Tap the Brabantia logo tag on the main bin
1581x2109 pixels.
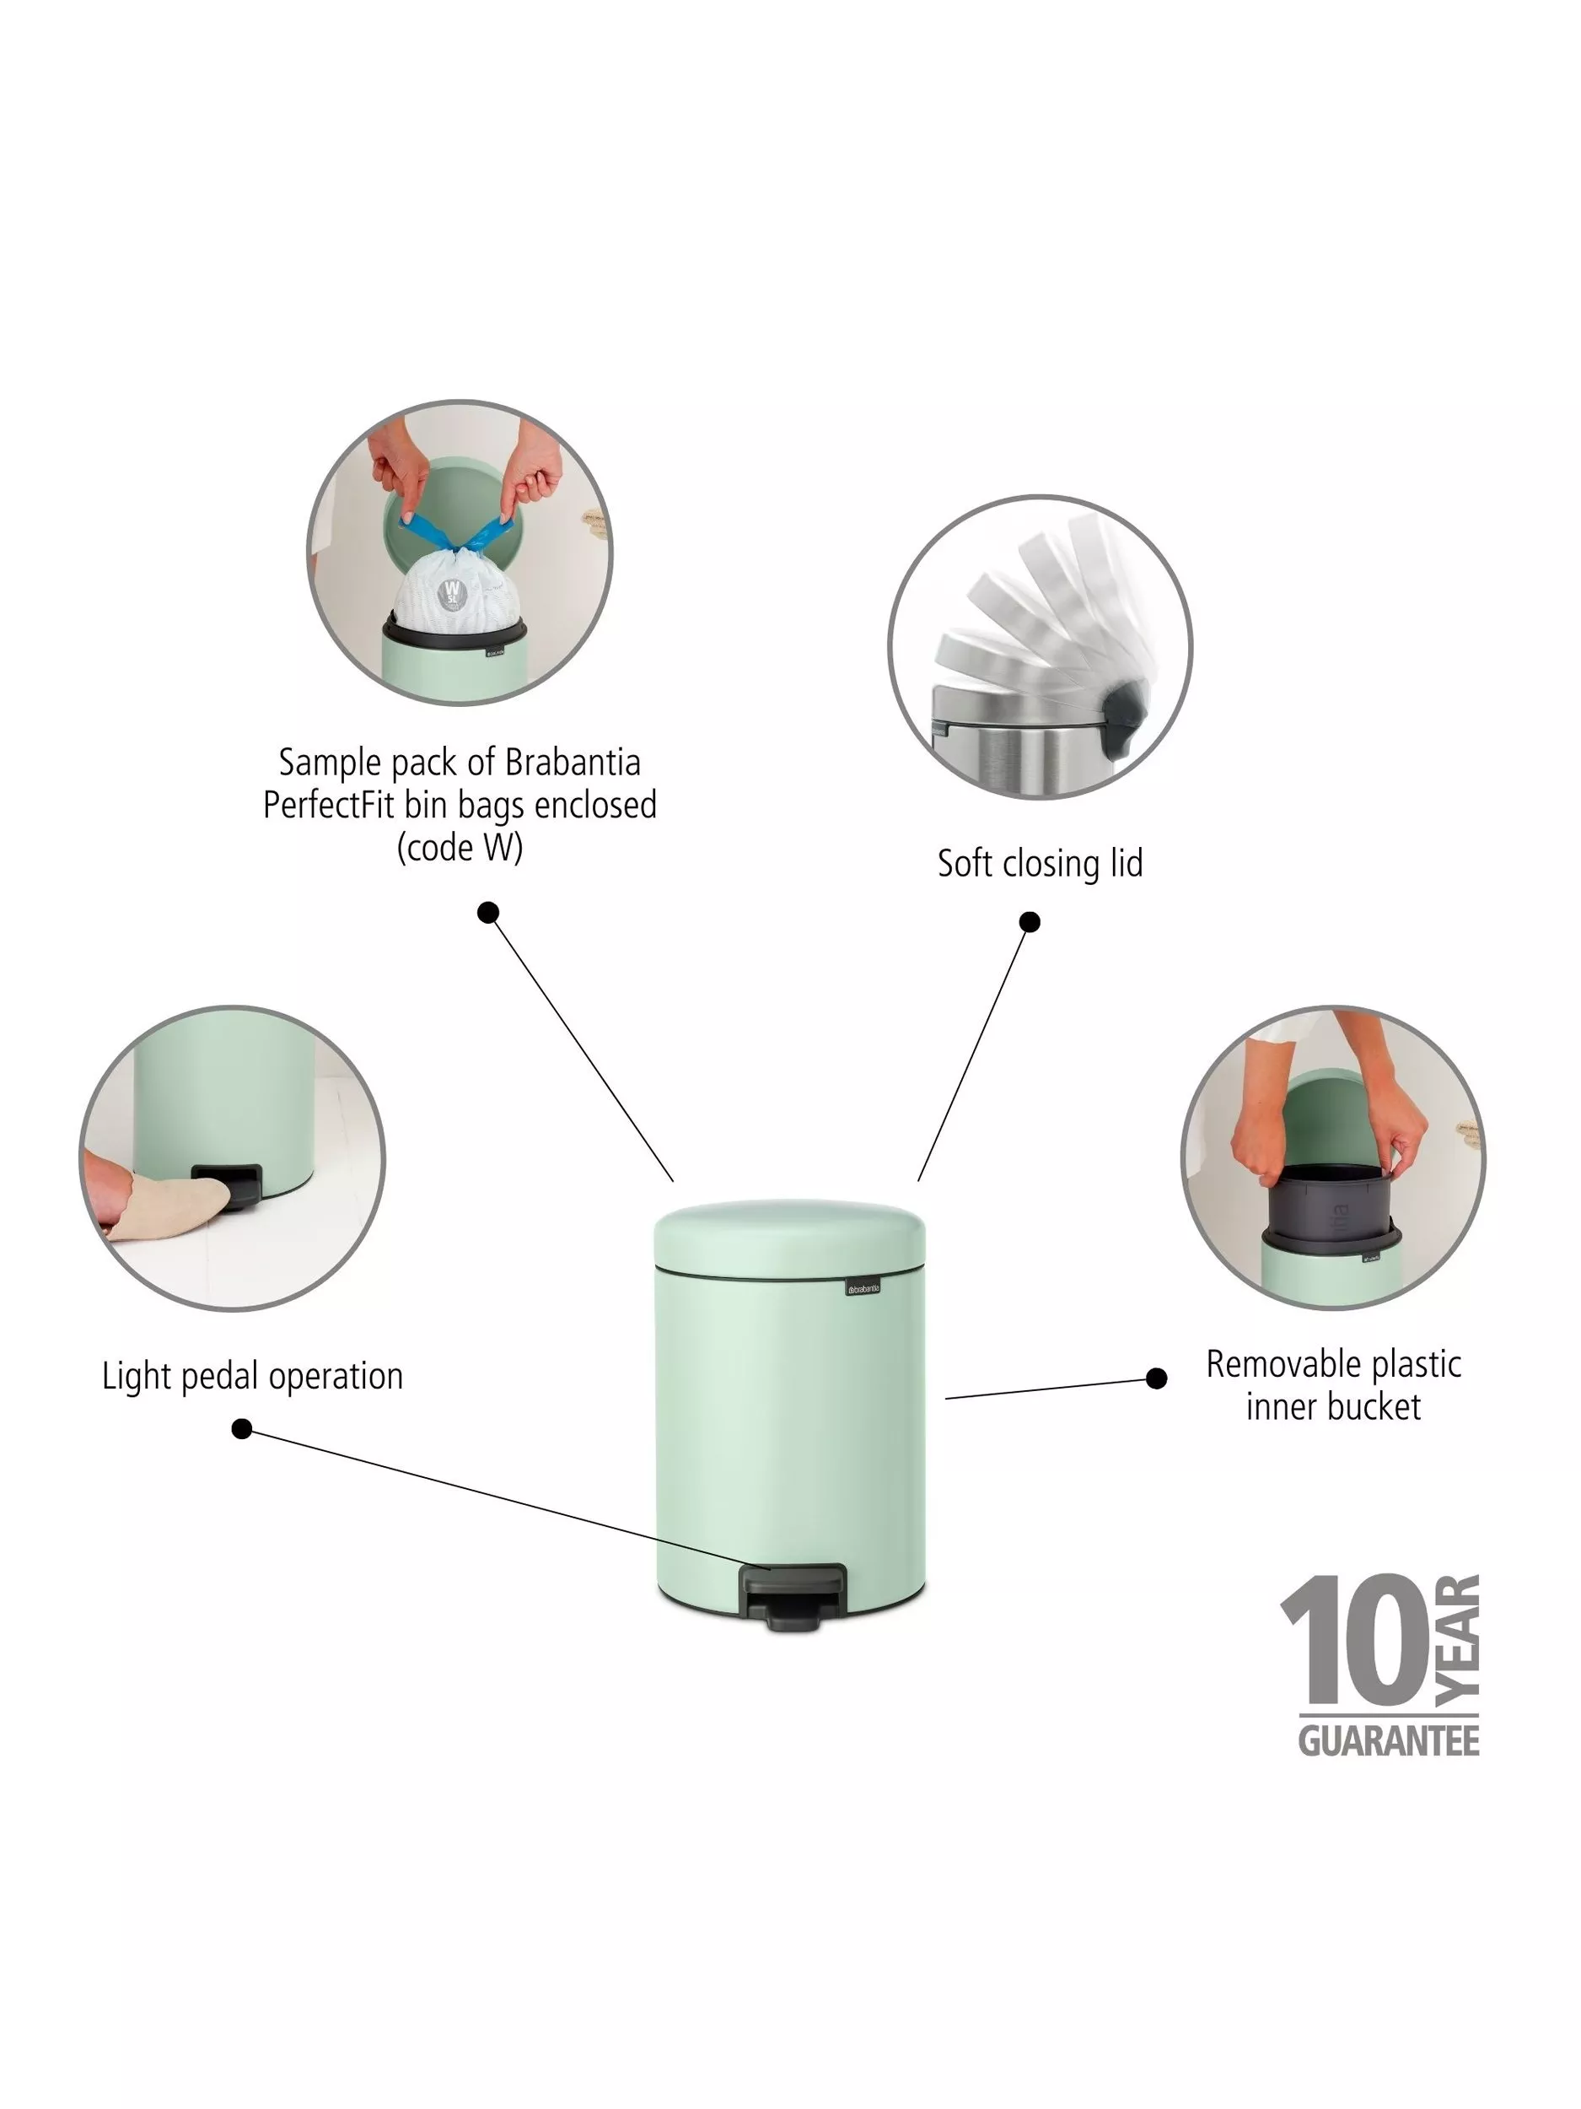pyautogui.click(x=863, y=1287)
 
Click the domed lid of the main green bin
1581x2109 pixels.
pyautogui.click(x=790, y=1237)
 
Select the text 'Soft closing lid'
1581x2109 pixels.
pyautogui.click(x=1040, y=864)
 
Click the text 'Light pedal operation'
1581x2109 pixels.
pyautogui.click(x=253, y=1377)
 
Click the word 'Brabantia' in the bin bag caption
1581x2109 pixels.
pyautogui.click(x=573, y=762)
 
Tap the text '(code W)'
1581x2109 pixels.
pyautogui.click(x=460, y=847)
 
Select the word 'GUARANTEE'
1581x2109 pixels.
pyautogui.click(x=1389, y=1741)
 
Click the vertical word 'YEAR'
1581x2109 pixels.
pyautogui.click(x=1457, y=1640)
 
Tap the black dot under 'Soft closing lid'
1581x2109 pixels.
pyautogui.click(x=1030, y=922)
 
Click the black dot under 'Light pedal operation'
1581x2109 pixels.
pyautogui.click(x=242, y=1429)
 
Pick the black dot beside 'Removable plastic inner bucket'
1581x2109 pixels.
pyautogui.click(x=1156, y=1378)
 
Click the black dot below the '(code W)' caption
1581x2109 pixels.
pyautogui.click(x=488, y=914)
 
